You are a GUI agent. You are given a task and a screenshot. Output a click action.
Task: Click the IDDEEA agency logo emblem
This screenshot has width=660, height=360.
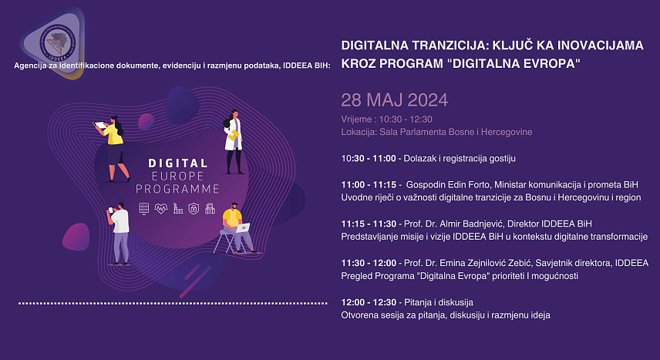57,43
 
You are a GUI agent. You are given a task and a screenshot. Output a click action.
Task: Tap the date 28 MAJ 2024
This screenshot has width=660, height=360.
395,100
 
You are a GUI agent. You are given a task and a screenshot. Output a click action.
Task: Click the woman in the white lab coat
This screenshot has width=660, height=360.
234,142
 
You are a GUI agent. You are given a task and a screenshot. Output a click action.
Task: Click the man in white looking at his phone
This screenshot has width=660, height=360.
119,234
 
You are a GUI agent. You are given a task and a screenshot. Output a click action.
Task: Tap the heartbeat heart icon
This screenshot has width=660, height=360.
161,208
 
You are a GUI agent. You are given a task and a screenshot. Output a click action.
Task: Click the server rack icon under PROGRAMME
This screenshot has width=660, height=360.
144,208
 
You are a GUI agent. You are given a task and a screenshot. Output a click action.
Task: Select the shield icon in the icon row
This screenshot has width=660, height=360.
194,208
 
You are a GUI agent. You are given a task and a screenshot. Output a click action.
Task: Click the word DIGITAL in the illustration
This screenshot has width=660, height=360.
178,163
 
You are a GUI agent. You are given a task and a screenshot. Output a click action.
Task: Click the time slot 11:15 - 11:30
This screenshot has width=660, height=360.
369,224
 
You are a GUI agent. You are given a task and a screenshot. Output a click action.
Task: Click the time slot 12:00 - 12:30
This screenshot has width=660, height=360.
369,302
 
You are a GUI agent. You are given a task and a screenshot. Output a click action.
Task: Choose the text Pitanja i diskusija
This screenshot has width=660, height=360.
439,302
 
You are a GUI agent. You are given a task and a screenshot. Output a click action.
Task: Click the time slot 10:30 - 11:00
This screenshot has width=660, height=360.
369,158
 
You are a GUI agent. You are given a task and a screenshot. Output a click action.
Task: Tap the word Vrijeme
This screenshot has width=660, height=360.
356,119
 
